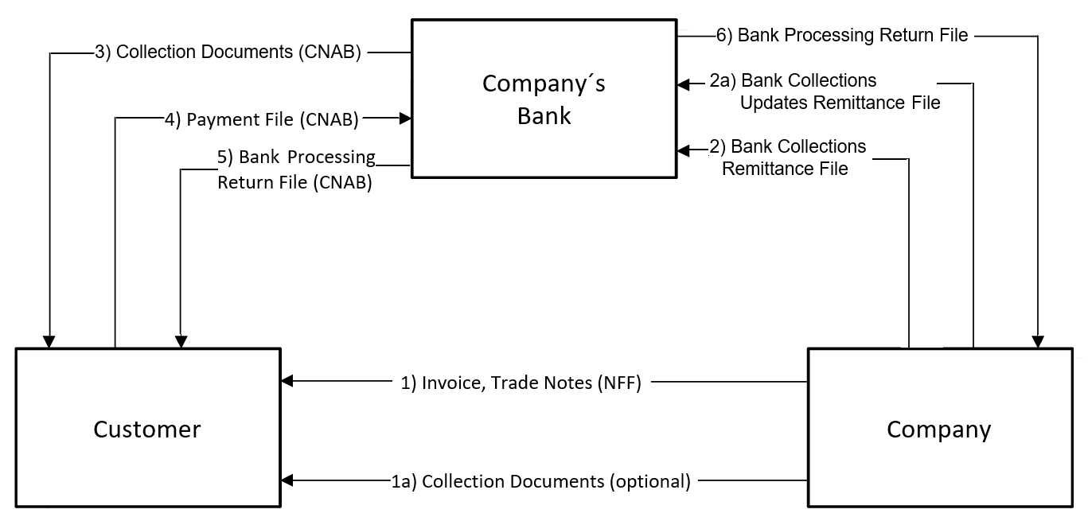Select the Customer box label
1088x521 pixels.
pyautogui.click(x=147, y=430)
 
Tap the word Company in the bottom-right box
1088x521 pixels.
pyautogui.click(x=939, y=430)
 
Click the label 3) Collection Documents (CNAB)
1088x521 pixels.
pyautogui.click(x=228, y=53)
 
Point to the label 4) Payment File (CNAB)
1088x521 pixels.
pyautogui.click(x=262, y=119)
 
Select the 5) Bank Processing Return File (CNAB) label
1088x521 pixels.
pyautogui.click(x=295, y=169)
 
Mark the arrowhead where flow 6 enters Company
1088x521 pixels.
pyautogui.click(x=1038, y=342)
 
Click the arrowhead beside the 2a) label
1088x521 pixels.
pyautogui.click(x=683, y=83)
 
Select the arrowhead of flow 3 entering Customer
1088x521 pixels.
pyautogui.click(x=49, y=342)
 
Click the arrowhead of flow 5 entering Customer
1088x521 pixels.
pyautogui.click(x=181, y=342)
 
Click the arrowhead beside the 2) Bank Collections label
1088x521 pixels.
pyautogui.click(x=683, y=150)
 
